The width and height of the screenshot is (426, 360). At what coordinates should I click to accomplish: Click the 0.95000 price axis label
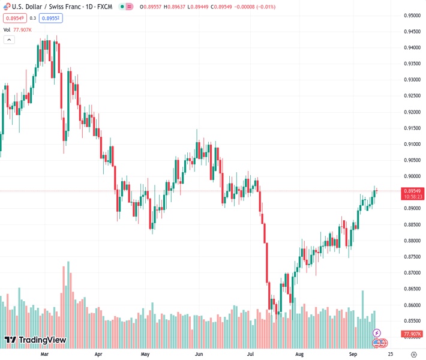[412, 16]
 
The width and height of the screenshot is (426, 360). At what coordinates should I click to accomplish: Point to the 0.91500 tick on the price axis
[412, 128]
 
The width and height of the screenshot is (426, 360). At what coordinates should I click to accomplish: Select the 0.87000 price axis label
[412, 272]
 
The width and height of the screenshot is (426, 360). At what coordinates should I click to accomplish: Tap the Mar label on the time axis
[44, 354]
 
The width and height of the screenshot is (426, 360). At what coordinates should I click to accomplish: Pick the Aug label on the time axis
[299, 354]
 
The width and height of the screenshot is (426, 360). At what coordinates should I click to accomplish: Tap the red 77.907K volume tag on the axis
[412, 334]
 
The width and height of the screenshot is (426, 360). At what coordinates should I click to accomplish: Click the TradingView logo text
[35, 341]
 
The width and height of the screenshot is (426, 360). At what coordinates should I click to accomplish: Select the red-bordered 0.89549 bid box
[13, 18]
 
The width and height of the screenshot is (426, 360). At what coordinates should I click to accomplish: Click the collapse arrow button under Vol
[9, 40]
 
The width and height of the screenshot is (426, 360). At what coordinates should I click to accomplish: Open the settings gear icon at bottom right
[414, 354]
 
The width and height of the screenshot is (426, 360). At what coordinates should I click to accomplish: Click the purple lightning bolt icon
[377, 332]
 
